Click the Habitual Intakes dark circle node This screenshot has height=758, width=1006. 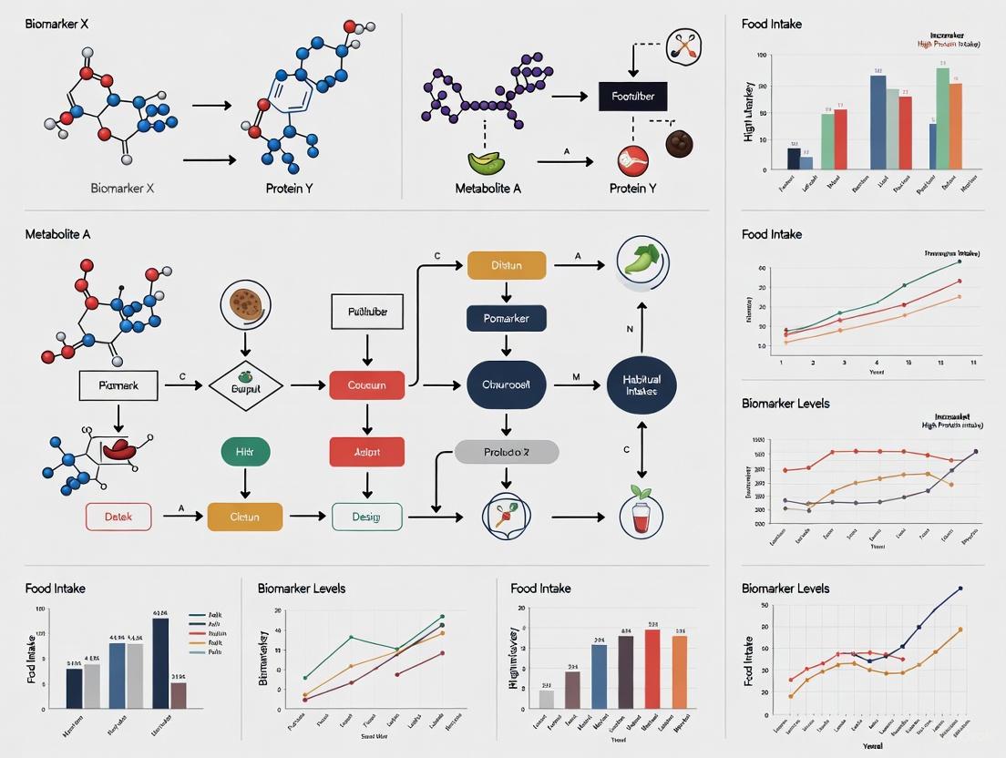(642, 385)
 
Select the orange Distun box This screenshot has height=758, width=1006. (506, 265)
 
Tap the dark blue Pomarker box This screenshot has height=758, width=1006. (506, 318)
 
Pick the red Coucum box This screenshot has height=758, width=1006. (366, 385)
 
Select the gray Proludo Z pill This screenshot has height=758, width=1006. (506, 451)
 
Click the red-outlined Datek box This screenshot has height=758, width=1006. (118, 517)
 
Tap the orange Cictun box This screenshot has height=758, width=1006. (245, 517)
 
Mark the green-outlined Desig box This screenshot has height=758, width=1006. (366, 517)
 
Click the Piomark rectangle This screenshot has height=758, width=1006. (118, 385)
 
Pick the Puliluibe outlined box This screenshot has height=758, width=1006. (366, 312)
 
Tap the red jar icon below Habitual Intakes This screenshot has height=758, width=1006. (642, 514)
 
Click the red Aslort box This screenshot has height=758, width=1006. (366, 451)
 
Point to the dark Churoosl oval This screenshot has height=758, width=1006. (506, 385)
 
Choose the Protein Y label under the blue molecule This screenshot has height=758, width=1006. (289, 189)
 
